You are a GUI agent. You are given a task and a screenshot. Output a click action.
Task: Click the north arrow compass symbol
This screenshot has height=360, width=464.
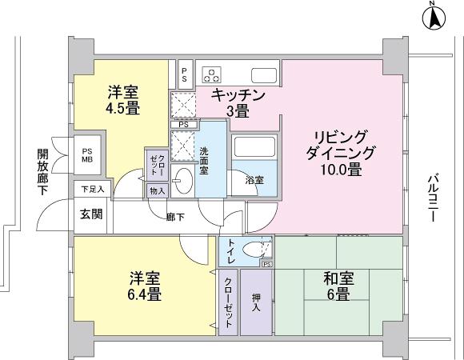coord(433,17)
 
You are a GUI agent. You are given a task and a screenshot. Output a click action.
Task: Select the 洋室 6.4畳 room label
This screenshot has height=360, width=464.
coord(145,286)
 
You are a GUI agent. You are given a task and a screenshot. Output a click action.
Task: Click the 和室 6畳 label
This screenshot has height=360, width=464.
coord(335,286)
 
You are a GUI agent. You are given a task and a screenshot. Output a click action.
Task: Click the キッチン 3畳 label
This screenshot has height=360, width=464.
coord(237,103)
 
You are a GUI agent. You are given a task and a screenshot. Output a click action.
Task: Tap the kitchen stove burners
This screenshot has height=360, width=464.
coord(212,74)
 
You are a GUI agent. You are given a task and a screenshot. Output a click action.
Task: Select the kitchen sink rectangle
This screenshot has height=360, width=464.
coord(264,75)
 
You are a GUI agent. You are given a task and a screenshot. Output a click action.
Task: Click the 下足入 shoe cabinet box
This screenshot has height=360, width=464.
coord(90,190)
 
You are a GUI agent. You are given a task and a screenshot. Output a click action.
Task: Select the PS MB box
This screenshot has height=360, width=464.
coord(87,154)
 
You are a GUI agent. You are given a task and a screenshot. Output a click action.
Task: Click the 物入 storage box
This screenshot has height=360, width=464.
coord(157,190)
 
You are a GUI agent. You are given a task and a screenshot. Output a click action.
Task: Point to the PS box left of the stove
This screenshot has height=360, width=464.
coord(185,75)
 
